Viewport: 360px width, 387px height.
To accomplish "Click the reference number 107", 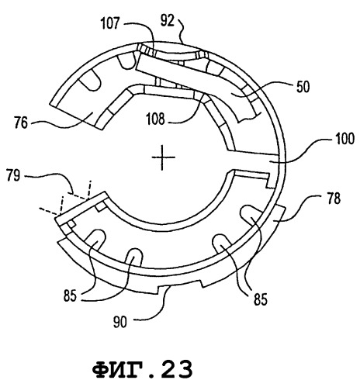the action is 110,25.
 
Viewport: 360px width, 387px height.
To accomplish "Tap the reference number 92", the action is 167,20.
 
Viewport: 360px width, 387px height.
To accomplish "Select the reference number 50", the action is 303,87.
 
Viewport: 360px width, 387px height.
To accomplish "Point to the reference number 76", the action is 21,123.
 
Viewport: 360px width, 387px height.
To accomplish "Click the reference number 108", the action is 155,119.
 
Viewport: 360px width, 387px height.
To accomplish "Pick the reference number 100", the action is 344,139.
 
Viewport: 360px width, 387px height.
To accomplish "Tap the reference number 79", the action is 13,175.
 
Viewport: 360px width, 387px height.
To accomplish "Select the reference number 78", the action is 334,199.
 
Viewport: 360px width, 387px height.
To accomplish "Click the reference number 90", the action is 120,322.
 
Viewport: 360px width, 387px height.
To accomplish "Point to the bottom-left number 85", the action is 71,295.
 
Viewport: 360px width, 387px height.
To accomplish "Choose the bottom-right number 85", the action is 260,299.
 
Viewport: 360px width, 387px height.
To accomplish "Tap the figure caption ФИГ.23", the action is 143,369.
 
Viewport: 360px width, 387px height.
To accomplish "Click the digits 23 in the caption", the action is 178,369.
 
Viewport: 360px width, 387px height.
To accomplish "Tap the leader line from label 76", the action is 61,123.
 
